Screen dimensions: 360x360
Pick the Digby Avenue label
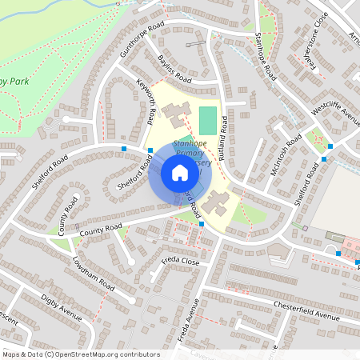point(62,306)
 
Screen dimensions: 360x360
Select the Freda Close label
point(180,261)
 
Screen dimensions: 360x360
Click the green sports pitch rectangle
point(208,121)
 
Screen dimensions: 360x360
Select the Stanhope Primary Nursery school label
point(192,156)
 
